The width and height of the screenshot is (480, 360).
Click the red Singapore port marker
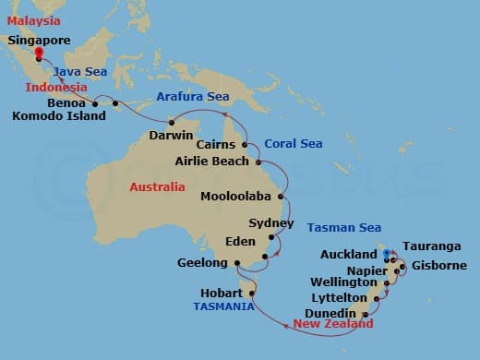tap(38, 54)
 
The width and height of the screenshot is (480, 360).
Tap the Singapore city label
tap(39, 41)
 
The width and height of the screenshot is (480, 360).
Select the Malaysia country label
tap(32, 19)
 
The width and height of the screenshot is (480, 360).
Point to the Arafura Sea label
tap(193, 96)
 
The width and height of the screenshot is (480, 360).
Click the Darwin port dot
tap(171, 123)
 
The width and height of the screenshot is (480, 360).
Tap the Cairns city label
tap(218, 146)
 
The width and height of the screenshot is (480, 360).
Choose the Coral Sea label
tap(294, 144)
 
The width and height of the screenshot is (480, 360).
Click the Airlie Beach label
tap(211, 162)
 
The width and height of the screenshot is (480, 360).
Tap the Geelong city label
tap(202, 263)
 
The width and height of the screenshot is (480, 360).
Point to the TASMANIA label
tap(222, 306)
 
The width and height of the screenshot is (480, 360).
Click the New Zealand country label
tap(333, 324)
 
